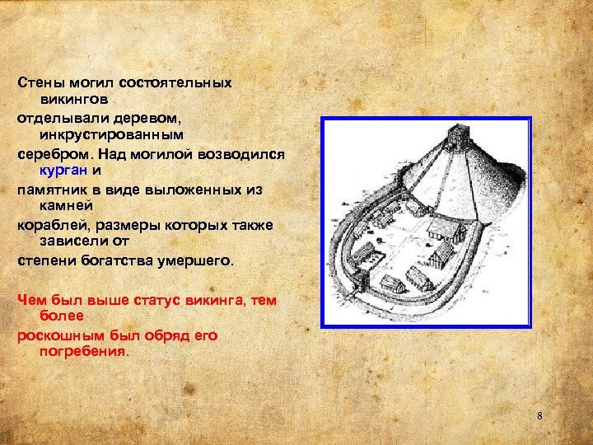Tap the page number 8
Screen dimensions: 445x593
click(539, 416)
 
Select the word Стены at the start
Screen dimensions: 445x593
click(38, 83)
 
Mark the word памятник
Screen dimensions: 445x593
click(53, 190)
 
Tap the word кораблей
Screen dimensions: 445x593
click(50, 225)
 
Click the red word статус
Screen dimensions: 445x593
click(165, 300)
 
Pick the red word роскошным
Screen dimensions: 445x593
click(57, 335)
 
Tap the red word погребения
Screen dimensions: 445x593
click(84, 350)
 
